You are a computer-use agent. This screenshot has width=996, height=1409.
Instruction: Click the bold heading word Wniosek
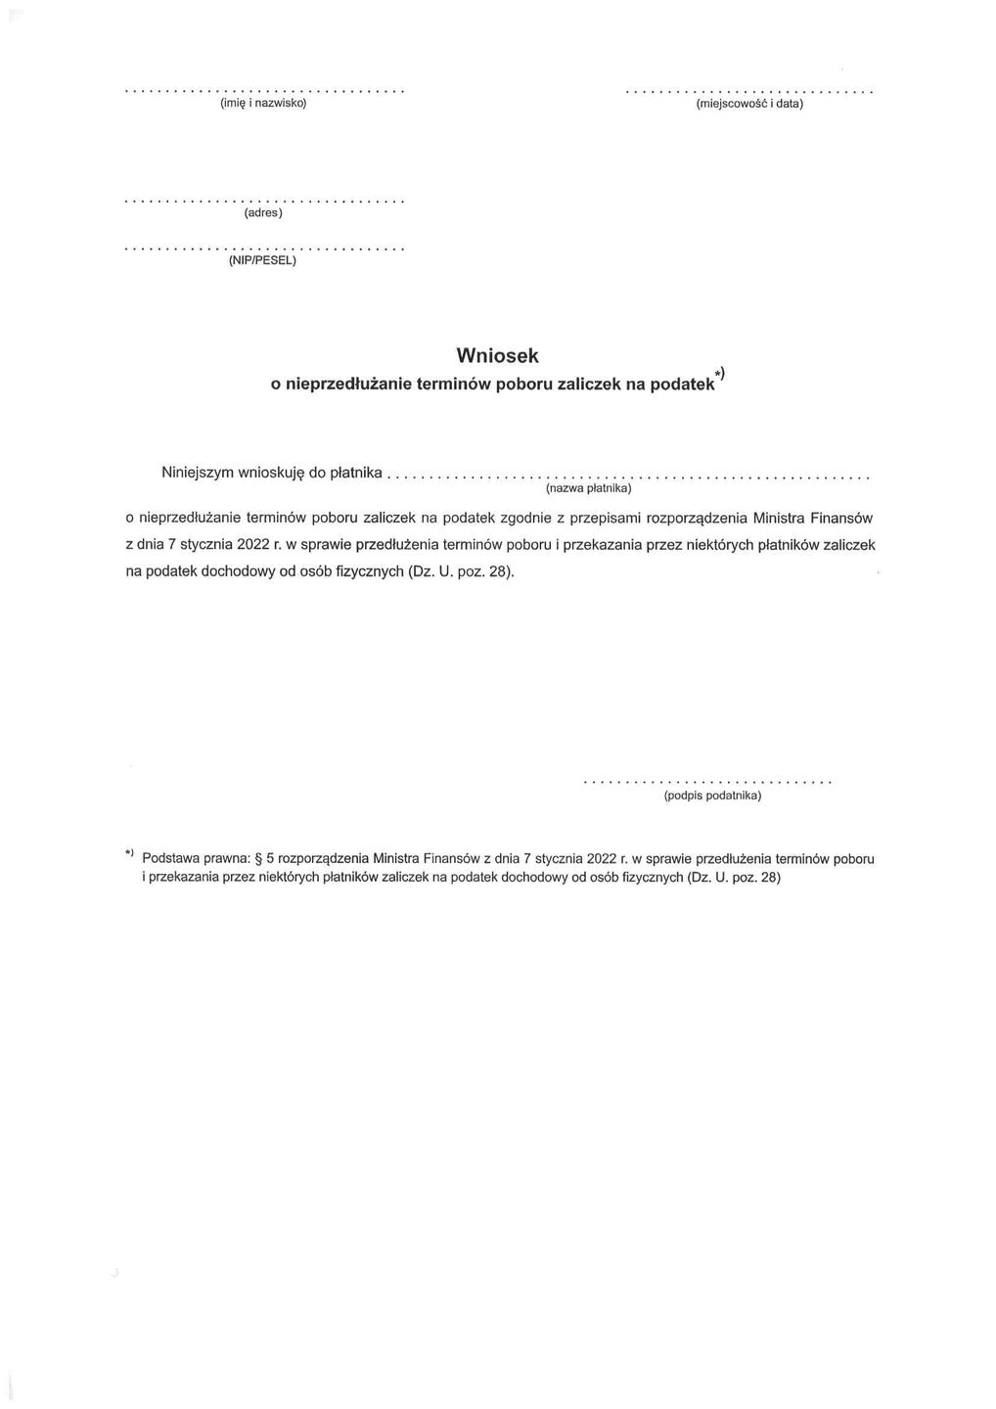point(497,355)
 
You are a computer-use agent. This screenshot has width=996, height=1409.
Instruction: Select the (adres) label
point(263,212)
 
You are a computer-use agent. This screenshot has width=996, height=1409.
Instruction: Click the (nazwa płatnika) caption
point(589,488)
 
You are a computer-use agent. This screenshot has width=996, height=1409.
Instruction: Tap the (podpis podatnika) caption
point(711,795)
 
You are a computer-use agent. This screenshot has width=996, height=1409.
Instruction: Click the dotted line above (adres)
point(264,201)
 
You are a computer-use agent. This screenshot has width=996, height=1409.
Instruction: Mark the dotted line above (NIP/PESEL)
point(264,250)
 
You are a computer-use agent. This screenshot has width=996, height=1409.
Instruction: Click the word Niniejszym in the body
point(197,473)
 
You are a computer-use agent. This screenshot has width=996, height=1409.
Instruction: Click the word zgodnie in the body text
point(527,517)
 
